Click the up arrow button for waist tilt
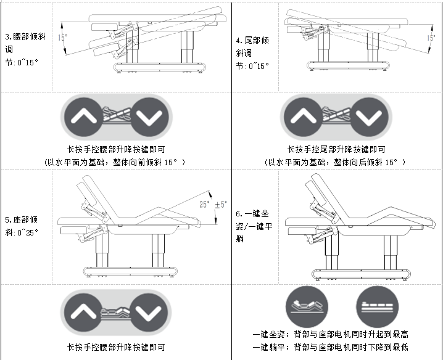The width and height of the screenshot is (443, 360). (x=84, y=117)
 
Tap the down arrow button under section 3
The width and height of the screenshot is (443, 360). (x=149, y=117)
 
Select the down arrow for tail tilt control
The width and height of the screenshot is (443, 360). (x=369, y=117)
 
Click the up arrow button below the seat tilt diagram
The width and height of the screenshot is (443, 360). (x=83, y=312)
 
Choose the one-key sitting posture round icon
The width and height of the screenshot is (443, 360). (x=307, y=307)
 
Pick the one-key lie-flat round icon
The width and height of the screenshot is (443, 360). (x=377, y=307)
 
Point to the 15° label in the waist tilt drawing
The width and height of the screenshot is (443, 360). (x=62, y=37)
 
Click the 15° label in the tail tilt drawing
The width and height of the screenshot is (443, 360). (x=431, y=38)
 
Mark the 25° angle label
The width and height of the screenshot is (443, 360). (x=205, y=205)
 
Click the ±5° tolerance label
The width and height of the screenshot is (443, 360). (x=221, y=205)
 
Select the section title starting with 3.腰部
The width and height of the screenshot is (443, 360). (x=25, y=49)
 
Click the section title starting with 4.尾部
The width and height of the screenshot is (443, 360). (x=252, y=53)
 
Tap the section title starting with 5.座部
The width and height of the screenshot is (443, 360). (x=22, y=226)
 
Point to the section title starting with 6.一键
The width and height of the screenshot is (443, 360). (x=254, y=226)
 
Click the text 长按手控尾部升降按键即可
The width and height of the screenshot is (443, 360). (x=336, y=149)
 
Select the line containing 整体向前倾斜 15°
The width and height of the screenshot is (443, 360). (x=115, y=162)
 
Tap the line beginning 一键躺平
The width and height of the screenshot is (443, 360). (x=330, y=347)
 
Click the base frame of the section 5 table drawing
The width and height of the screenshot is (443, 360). (x=130, y=271)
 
